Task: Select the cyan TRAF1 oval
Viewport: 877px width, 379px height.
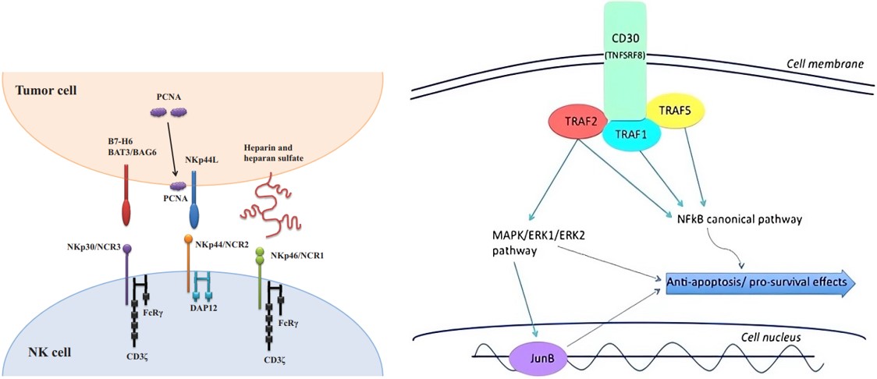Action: [x=632, y=134]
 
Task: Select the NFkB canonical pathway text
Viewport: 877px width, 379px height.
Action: [x=740, y=220]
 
